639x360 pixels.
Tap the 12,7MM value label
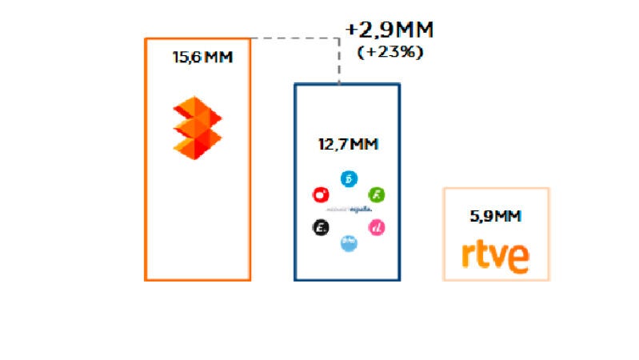[x=348, y=146]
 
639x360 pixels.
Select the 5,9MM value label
[x=496, y=216]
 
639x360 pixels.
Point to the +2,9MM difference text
[x=389, y=30]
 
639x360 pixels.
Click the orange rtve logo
[x=496, y=256]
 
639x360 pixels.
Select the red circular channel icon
[x=320, y=194]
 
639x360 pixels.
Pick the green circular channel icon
[x=376, y=194]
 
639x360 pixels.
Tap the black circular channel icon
[x=320, y=228]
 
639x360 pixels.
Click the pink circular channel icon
[x=377, y=228]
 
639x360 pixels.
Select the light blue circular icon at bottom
[x=349, y=243]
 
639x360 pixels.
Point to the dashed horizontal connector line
[x=292, y=38]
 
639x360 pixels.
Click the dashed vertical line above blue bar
[x=339, y=62]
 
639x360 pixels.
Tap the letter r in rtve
[x=467, y=258]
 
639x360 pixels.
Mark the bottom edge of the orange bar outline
[x=198, y=279]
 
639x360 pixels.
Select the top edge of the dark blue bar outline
[x=347, y=84]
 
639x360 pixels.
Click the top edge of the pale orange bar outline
[x=496, y=189]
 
